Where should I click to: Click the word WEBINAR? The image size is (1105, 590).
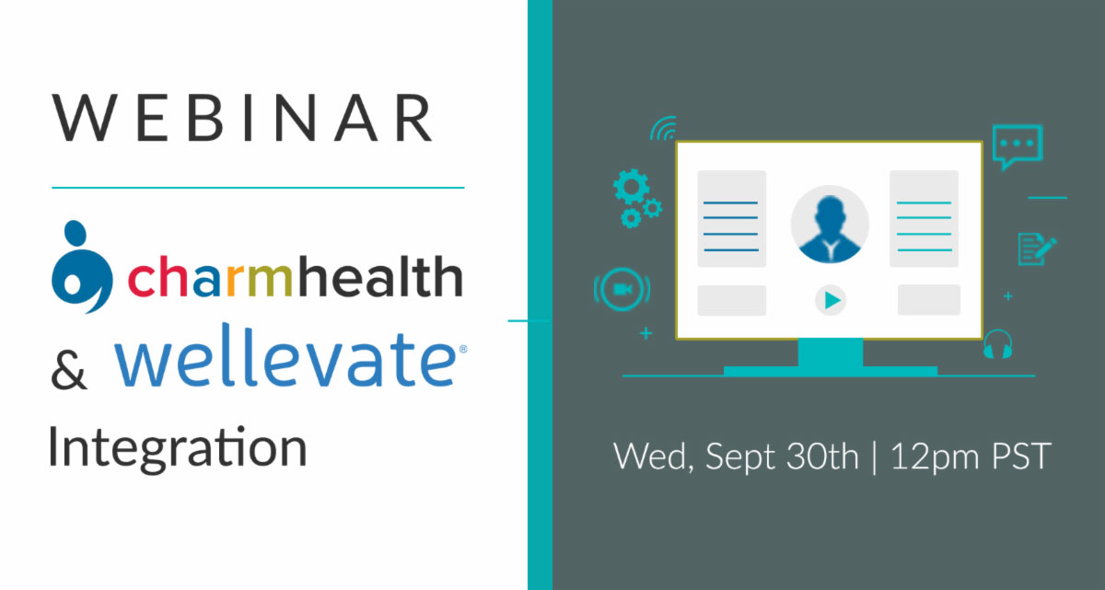[242, 119]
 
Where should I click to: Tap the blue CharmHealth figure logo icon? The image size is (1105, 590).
[82, 267]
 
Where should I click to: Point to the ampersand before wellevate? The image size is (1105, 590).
[68, 371]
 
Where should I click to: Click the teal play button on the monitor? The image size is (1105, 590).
[832, 300]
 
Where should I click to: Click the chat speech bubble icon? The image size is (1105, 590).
[1018, 146]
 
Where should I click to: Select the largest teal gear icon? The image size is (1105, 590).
[631, 186]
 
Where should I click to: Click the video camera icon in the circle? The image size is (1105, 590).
[622, 289]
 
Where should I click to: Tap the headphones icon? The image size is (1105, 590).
[997, 344]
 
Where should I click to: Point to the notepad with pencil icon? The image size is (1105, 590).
[1037, 249]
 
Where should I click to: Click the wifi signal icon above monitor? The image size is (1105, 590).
[664, 129]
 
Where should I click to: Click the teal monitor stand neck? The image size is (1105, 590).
[831, 353]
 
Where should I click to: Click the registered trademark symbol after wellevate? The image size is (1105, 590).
[462, 349]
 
